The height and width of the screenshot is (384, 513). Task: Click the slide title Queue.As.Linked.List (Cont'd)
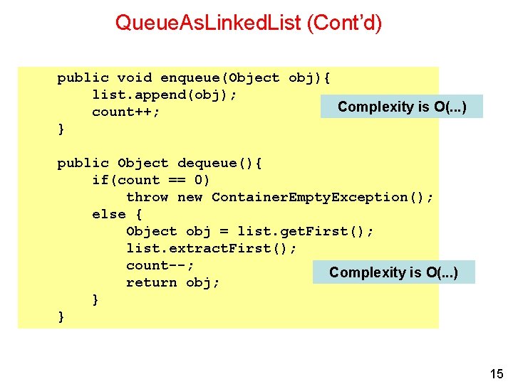(249, 23)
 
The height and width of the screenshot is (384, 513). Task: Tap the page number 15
(496, 374)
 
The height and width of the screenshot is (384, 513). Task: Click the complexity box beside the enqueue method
(402, 107)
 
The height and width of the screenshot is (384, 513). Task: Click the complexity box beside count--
(393, 272)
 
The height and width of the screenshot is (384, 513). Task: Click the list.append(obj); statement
(165, 95)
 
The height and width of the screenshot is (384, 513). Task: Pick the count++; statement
(125, 112)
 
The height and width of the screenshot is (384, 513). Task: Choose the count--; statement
(160, 265)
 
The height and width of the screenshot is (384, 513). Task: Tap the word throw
(147, 197)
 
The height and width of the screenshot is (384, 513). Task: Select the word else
(108, 214)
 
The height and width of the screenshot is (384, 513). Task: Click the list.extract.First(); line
(212, 248)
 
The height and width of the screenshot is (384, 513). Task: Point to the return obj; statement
(172, 282)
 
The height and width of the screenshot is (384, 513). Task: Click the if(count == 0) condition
(151, 180)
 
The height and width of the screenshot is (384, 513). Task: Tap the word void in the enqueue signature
(134, 78)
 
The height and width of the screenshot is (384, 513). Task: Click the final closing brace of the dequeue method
(61, 317)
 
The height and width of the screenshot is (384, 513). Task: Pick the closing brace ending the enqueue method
(61, 129)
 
